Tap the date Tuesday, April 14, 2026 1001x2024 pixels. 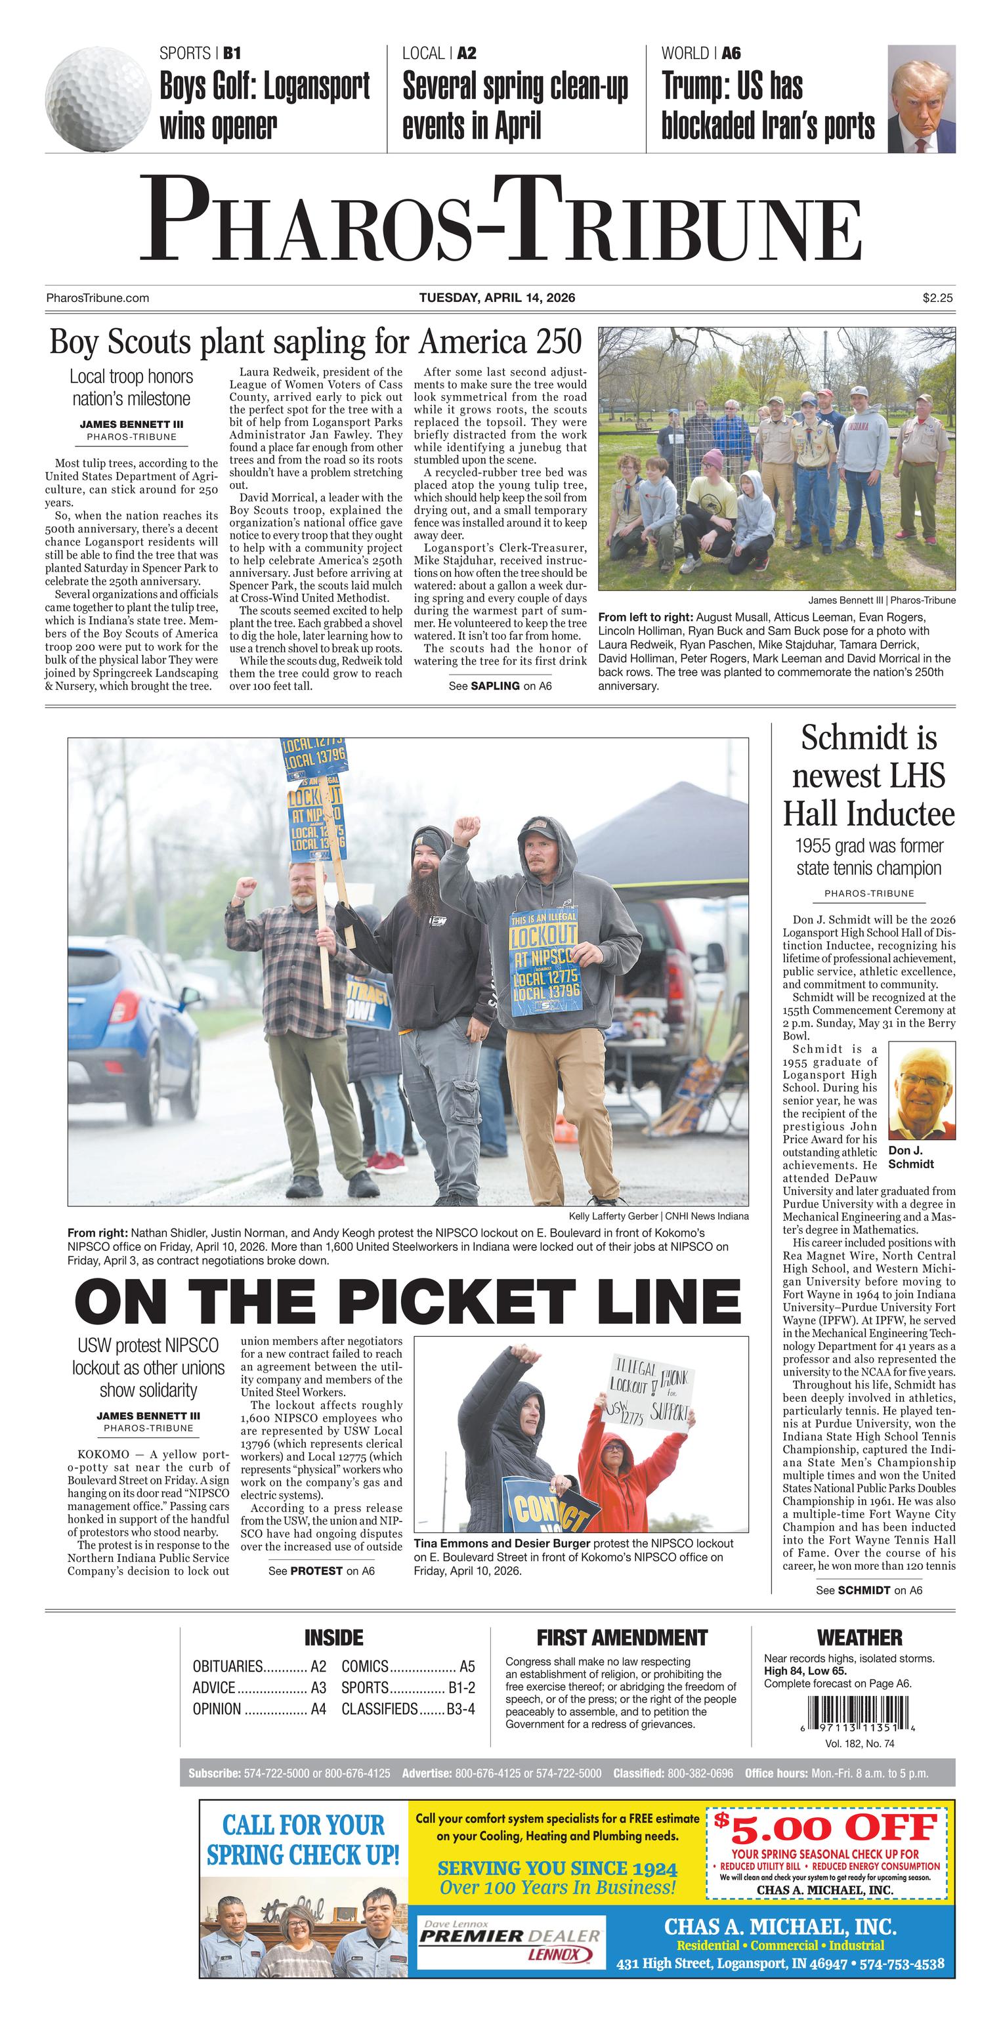pos(497,298)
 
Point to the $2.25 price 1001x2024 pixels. pos(937,298)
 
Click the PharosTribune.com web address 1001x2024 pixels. pos(97,298)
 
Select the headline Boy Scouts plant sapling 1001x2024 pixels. pos(315,343)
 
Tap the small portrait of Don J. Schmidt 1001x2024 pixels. pos(921,1091)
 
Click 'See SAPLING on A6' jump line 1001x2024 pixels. pos(500,686)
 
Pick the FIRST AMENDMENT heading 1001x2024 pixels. pos(622,1638)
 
